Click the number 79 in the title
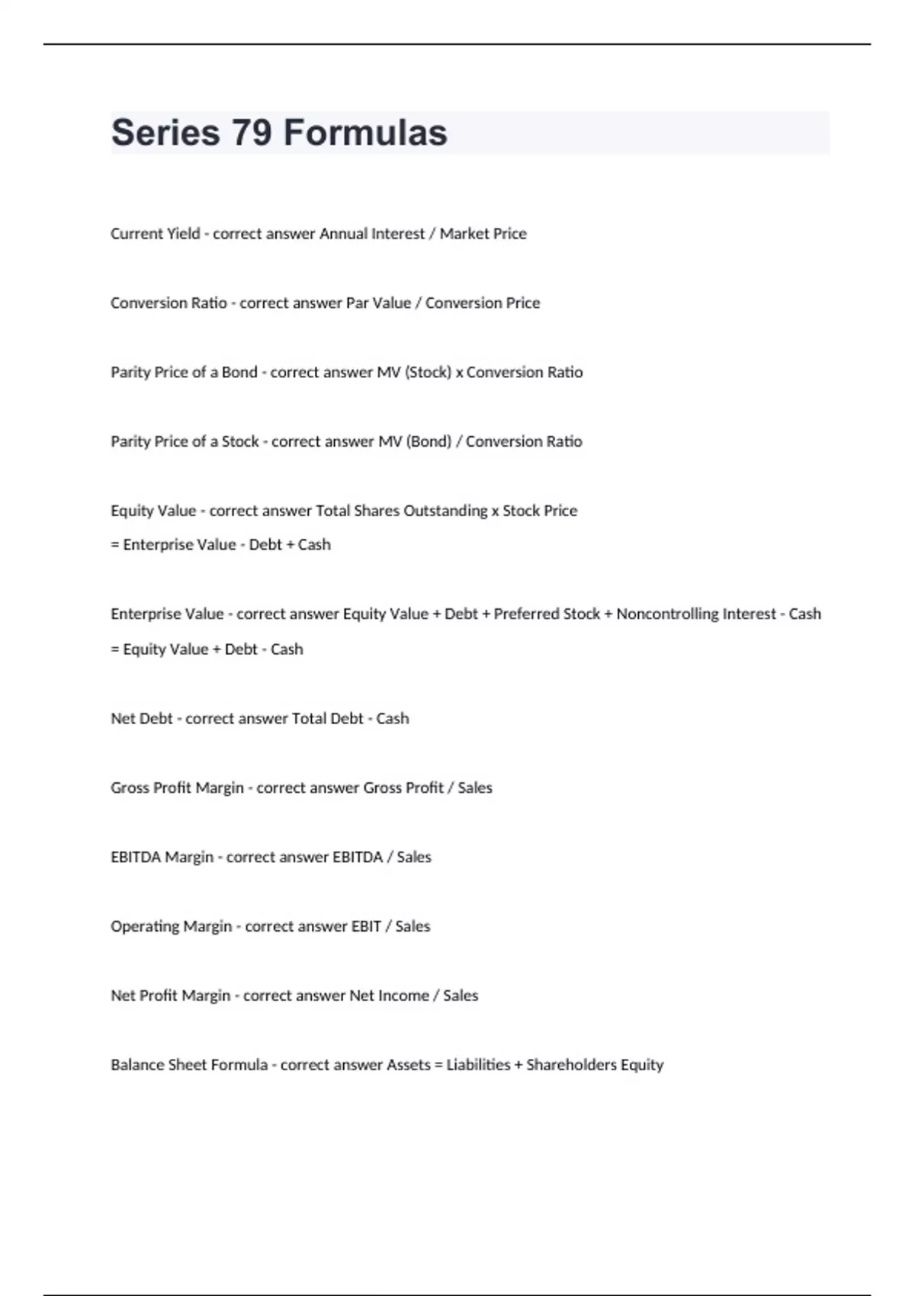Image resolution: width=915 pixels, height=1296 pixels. click(x=252, y=133)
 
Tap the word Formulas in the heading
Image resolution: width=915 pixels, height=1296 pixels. click(x=365, y=133)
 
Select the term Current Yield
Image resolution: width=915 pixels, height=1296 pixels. click(x=156, y=233)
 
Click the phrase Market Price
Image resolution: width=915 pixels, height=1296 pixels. click(x=483, y=233)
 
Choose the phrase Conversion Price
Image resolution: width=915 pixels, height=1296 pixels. click(x=483, y=303)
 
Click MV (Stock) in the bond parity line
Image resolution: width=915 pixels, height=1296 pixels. click(x=414, y=372)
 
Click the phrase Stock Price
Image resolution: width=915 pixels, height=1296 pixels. click(x=540, y=511)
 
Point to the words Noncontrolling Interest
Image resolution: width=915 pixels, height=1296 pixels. click(x=695, y=614)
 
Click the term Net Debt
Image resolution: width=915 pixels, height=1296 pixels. click(x=142, y=718)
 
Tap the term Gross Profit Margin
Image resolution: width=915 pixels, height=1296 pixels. click(x=177, y=788)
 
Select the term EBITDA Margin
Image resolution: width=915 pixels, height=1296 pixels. click(x=162, y=857)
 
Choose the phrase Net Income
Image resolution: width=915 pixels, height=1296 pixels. click(x=389, y=996)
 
